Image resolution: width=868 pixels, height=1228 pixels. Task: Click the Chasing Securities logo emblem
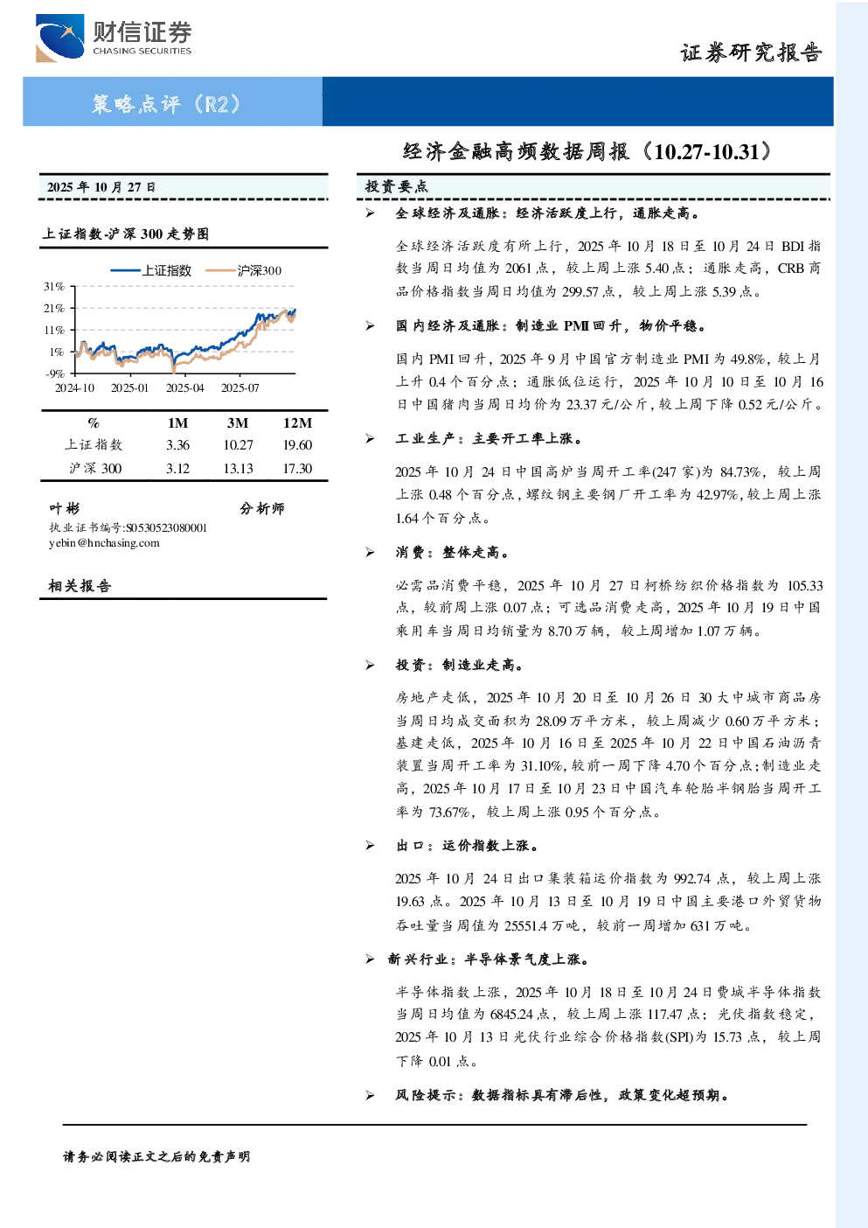pos(59,38)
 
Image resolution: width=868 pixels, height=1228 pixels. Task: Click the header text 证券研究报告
pos(751,52)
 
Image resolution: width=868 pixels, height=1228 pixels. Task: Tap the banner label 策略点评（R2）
pos(166,103)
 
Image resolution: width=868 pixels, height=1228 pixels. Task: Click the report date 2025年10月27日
pos(101,187)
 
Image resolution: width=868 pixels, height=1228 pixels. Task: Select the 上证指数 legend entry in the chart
pos(150,270)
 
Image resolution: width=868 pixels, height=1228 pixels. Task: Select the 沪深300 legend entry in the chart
pos(243,270)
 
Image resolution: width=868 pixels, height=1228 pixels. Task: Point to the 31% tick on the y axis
pos(54,286)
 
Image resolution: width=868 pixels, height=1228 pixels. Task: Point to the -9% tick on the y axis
pos(54,373)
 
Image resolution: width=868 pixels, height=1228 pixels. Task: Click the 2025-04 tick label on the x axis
pos(184,388)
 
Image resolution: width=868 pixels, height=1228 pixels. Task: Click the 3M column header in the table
pos(237,422)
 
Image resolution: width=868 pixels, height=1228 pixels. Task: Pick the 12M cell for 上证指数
pos(297,445)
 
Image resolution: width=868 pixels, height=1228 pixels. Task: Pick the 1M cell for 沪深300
pos(177,469)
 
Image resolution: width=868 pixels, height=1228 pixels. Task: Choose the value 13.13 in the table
pos(238,469)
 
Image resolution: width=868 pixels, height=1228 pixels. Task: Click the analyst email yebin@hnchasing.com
pos(104,543)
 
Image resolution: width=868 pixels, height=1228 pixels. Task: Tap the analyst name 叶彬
pos(64,509)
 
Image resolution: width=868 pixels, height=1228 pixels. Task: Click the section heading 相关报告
pos(80,586)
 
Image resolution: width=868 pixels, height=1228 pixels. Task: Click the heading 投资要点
pos(396,187)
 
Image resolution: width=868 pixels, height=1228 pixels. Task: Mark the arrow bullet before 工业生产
pos(370,438)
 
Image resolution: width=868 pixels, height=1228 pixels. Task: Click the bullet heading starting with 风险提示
pos(563,1095)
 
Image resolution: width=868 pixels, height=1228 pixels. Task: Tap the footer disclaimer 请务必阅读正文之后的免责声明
pos(156,1157)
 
